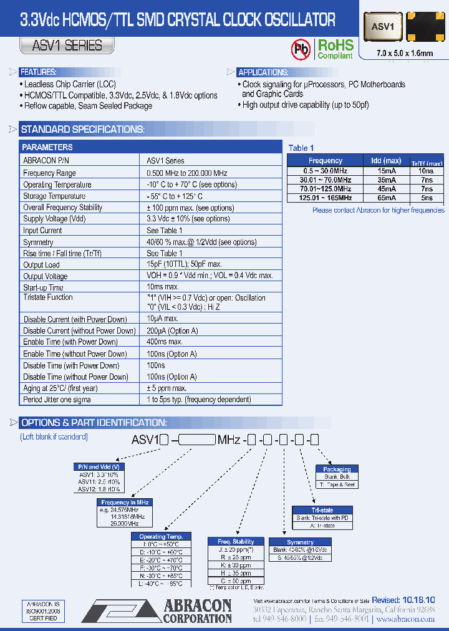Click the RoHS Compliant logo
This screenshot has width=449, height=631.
tap(335, 49)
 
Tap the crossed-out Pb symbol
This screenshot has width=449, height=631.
tap(302, 49)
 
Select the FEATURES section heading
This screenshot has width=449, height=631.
tap(39, 72)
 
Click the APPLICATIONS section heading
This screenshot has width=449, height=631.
tap(263, 72)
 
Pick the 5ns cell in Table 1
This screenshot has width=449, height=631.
tap(427, 198)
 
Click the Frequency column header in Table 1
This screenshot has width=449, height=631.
tap(326, 160)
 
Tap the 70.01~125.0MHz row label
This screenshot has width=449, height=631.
tap(326, 188)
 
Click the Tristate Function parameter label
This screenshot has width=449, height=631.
tap(48, 298)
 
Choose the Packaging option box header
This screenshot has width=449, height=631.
tap(337, 469)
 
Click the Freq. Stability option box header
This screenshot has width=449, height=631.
tap(235, 541)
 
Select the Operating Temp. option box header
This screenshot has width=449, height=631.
tap(161, 536)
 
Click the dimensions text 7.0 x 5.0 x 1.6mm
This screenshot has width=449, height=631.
tap(405, 54)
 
